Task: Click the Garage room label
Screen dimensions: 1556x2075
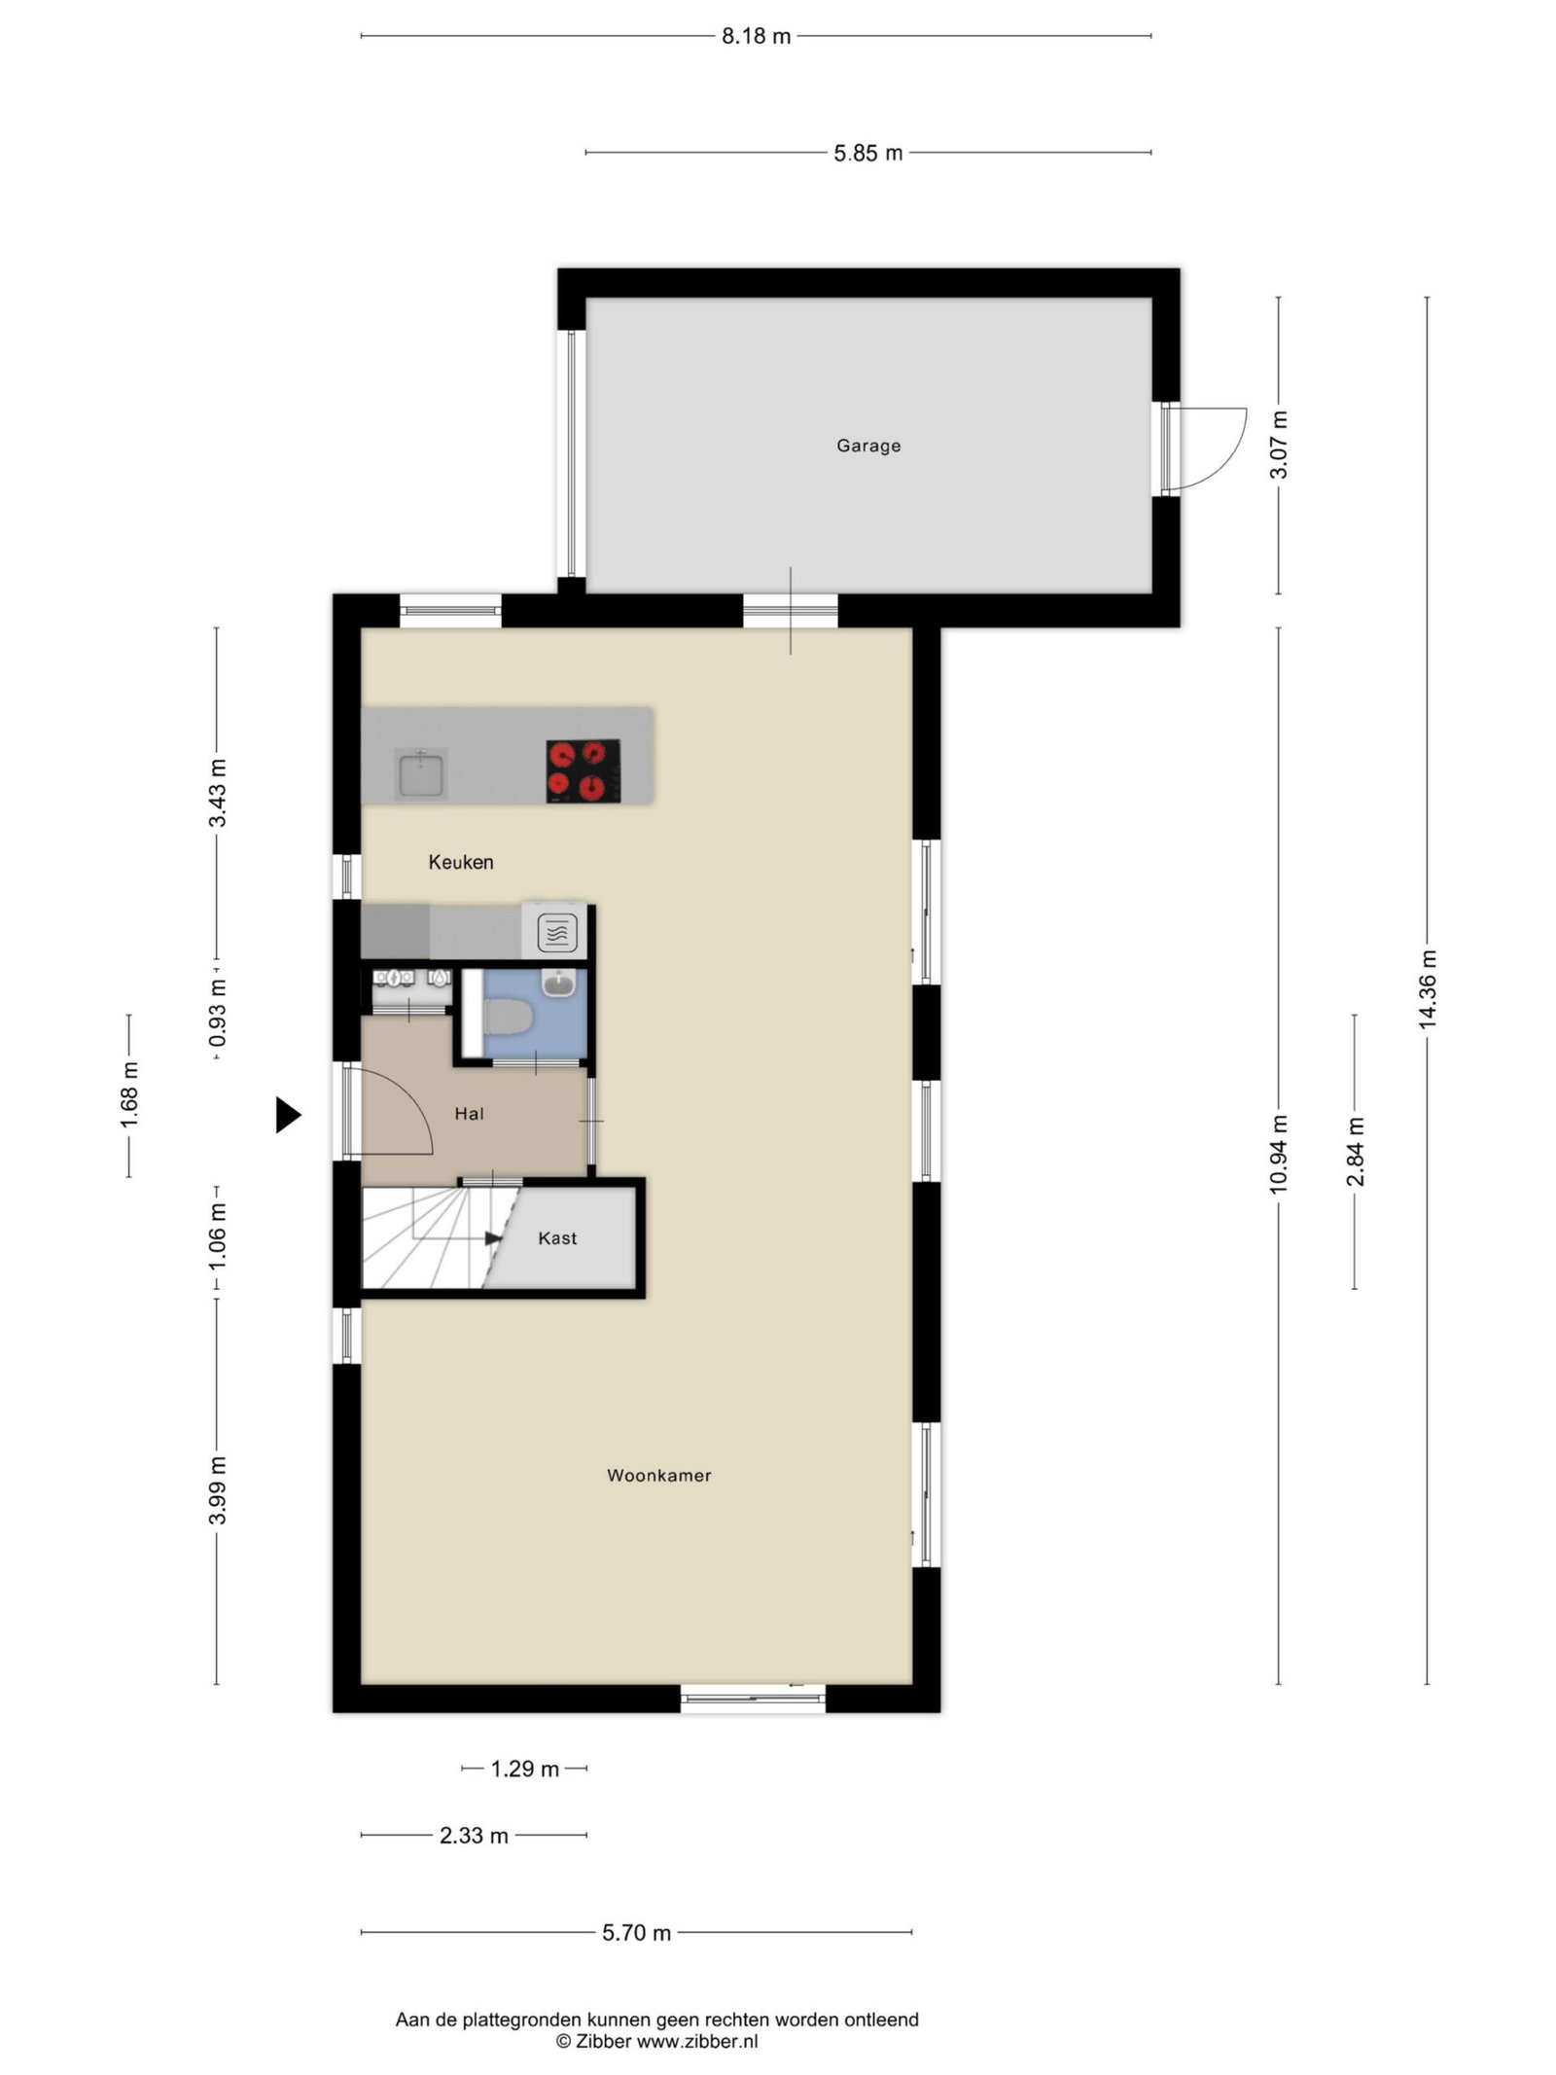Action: click(x=868, y=446)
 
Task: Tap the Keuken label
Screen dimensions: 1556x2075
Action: click(x=461, y=862)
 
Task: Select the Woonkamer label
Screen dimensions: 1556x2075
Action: click(x=659, y=1475)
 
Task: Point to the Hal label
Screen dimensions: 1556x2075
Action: click(x=469, y=1114)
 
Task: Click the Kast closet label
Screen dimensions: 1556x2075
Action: click(x=557, y=1238)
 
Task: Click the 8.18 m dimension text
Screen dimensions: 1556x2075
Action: click(x=756, y=37)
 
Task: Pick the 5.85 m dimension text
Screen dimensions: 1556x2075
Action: click(x=867, y=153)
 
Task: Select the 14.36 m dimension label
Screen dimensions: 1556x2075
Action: click(x=1427, y=988)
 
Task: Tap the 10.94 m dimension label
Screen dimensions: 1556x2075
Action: click(x=1278, y=1155)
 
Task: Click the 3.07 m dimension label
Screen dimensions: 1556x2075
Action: click(x=1278, y=445)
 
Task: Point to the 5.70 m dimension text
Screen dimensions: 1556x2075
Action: click(x=636, y=1933)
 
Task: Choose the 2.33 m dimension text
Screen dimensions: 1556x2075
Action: click(x=474, y=1836)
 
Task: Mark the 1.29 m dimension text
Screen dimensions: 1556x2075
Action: click(x=524, y=1769)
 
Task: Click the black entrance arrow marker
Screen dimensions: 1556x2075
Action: click(x=287, y=1115)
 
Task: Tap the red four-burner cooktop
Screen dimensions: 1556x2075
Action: click(x=583, y=770)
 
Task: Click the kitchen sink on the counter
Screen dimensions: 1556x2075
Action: click(x=420, y=774)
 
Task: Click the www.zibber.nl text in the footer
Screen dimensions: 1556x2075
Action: click(x=697, y=2042)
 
